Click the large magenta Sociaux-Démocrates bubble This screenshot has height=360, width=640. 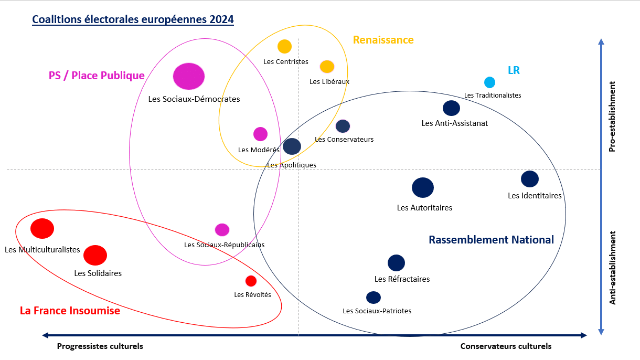click(x=189, y=76)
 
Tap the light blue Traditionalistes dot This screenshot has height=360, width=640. click(x=490, y=82)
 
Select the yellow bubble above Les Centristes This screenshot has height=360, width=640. click(x=284, y=46)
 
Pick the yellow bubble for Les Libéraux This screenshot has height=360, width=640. click(x=327, y=67)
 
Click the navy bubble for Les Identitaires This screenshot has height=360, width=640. click(x=530, y=179)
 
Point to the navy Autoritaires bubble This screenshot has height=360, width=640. click(x=423, y=188)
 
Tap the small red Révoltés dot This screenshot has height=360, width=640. click(x=251, y=281)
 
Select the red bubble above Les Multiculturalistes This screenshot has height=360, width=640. click(x=42, y=229)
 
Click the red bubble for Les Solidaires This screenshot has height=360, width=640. click(x=95, y=256)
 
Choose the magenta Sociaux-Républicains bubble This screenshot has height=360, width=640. click(x=222, y=230)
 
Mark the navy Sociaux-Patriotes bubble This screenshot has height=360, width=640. click(x=374, y=298)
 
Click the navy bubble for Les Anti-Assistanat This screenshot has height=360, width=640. click(x=452, y=108)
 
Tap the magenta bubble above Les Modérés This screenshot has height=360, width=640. click(x=260, y=134)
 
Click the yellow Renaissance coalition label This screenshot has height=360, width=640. click(x=383, y=40)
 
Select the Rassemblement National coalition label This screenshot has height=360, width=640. click(x=491, y=240)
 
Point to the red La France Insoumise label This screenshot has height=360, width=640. click(x=70, y=311)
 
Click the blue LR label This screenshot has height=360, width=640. click(x=514, y=70)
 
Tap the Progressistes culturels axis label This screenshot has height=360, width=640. click(x=100, y=346)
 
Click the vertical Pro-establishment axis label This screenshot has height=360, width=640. click(x=612, y=117)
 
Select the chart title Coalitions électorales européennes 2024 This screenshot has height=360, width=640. click(x=133, y=19)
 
